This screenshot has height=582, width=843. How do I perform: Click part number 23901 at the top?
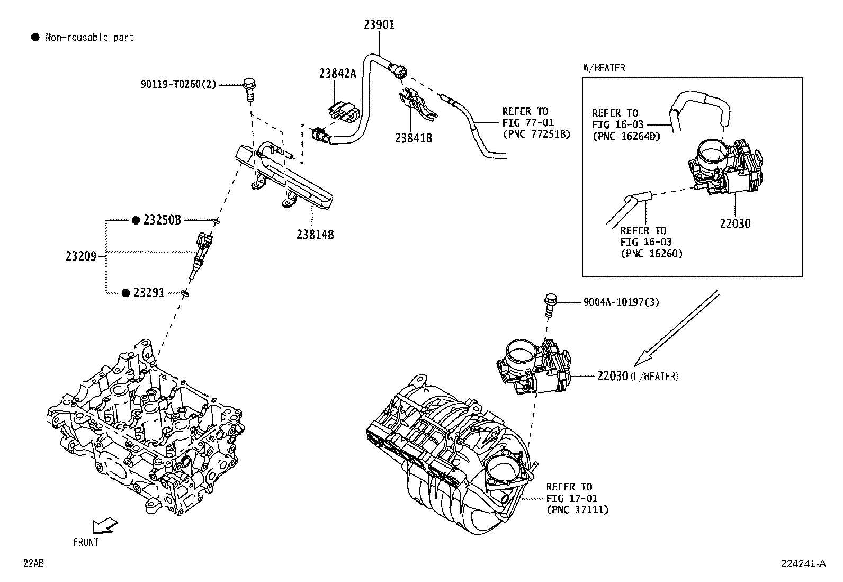tap(379, 25)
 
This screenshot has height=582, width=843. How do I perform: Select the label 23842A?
tap(337, 74)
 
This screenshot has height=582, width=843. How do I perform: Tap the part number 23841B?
tap(413, 139)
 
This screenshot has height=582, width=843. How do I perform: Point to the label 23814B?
tap(315, 234)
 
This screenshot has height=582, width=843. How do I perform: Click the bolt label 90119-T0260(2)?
tap(178, 84)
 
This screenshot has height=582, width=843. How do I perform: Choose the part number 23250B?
tap(162, 220)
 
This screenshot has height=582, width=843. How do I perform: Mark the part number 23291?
tap(149, 293)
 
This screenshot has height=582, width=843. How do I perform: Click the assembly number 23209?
tap(81, 257)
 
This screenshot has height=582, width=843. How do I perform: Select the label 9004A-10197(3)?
tap(621, 302)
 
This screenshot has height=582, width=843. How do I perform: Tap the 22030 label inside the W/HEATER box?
tap(734, 223)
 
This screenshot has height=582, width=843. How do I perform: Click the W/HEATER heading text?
tap(604, 68)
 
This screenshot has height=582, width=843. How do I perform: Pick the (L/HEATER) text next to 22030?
tap(654, 377)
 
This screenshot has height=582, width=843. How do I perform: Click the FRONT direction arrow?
tap(104, 525)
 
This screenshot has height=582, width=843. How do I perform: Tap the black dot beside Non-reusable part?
tap(35, 37)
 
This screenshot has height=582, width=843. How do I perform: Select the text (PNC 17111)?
tap(577, 510)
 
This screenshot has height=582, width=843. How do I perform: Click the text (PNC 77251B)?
tap(536, 134)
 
